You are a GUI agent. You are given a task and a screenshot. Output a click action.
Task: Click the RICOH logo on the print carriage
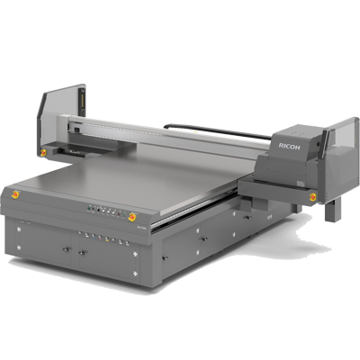pos(289,146)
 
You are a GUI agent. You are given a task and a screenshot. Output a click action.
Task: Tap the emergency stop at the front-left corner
pos(15,194)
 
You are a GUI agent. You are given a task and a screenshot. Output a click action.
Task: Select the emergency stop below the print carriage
pos(313,197)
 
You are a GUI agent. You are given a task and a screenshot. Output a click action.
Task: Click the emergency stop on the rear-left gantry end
pos(43,153)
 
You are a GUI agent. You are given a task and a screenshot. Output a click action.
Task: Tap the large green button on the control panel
pos(89,208)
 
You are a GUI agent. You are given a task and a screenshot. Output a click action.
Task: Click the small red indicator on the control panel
pos(119,213)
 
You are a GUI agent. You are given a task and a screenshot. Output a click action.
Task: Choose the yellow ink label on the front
pos(107,238)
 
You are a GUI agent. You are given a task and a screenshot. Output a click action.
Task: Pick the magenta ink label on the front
pos(100,237)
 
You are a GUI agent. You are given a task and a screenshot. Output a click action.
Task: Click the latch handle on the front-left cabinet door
pos(66,248)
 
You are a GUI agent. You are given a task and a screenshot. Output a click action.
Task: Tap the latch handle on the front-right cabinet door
pos(82,253)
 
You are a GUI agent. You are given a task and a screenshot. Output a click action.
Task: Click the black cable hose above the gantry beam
pos(217,130)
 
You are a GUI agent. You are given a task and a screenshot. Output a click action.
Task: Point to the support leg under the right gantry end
pos(333,210)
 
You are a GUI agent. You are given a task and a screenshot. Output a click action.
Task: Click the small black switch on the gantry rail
pos(76,130)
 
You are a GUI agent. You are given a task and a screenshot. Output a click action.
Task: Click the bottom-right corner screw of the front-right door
pos(135,274)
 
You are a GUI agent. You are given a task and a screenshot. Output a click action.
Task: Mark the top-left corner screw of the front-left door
pos(19,229)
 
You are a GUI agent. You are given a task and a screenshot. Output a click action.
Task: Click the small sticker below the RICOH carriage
pos(300,183)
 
